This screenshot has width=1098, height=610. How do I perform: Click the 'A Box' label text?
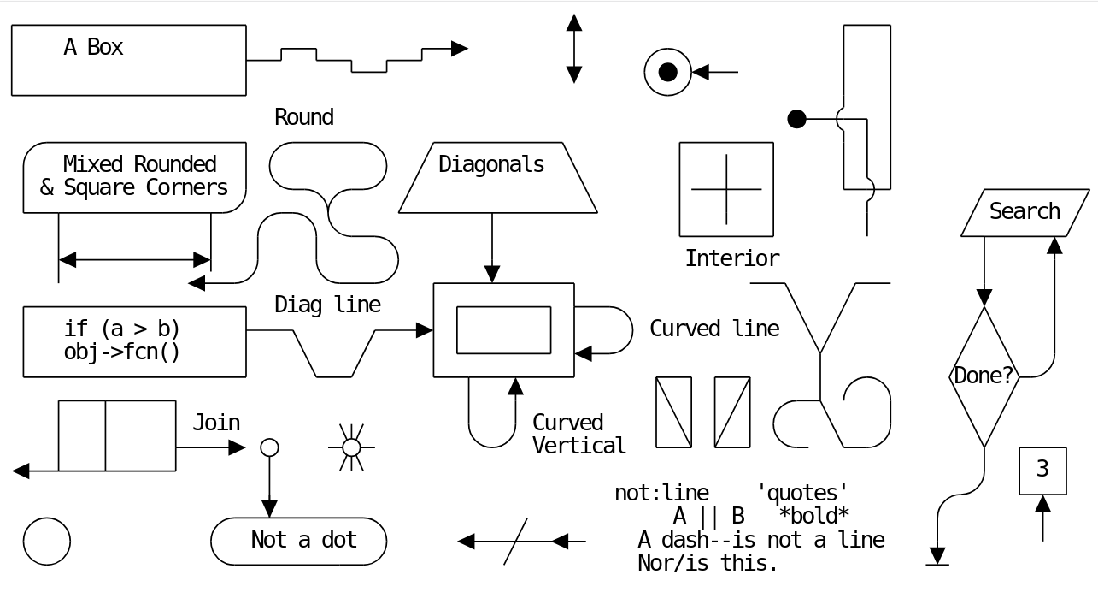pyautogui.click(x=93, y=47)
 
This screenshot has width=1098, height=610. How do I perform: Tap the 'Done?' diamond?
pyautogui.click(x=984, y=376)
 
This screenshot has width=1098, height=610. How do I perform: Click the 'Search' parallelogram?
pyautogui.click(x=1025, y=212)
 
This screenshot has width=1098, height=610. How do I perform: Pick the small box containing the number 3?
pyautogui.click(x=1042, y=471)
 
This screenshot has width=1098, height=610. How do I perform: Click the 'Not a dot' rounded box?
pyautogui.click(x=298, y=541)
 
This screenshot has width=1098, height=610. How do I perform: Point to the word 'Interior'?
pyautogui.click(x=732, y=258)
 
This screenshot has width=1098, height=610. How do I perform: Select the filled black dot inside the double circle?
pyautogui.click(x=668, y=72)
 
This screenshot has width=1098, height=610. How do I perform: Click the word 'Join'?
pyautogui.click(x=216, y=423)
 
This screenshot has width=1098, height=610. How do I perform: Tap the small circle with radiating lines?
pyautogui.click(x=351, y=447)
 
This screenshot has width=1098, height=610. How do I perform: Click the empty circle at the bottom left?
pyautogui.click(x=47, y=541)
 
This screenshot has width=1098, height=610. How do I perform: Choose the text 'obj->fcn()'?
pyautogui.click(x=122, y=352)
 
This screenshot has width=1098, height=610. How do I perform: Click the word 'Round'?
pyautogui.click(x=304, y=117)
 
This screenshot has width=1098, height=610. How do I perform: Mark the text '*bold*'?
pyautogui.click(x=814, y=516)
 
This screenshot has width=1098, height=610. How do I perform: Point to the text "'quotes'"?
pyautogui.click(x=802, y=493)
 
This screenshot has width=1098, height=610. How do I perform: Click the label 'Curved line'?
pyautogui.click(x=714, y=329)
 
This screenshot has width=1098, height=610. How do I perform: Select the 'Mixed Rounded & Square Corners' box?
pyautogui.click(x=134, y=177)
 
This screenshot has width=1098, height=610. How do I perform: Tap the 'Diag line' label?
pyautogui.click(x=327, y=305)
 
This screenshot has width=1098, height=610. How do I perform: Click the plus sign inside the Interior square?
pyautogui.click(x=726, y=189)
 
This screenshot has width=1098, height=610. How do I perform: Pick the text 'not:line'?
pyautogui.click(x=661, y=493)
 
